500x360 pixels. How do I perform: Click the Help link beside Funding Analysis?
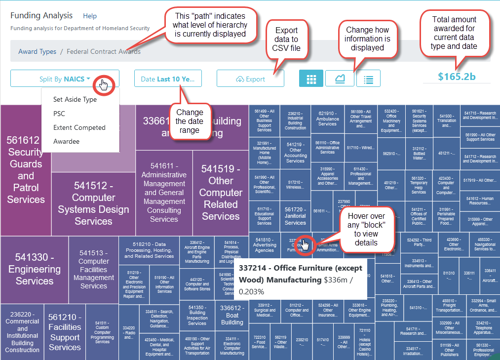point(90,16)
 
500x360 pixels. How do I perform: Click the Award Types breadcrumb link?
point(37,51)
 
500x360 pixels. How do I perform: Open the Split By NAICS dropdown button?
point(65,79)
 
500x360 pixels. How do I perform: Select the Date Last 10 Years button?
point(168,79)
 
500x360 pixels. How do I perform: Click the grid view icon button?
point(311,79)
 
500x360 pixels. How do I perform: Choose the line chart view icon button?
point(340,79)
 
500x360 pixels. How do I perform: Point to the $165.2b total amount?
point(457,77)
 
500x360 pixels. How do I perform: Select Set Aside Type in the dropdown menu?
point(75,99)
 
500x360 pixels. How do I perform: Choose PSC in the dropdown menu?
point(59,114)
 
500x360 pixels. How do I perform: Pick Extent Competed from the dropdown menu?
point(79,127)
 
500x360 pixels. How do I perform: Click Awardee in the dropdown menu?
point(66,142)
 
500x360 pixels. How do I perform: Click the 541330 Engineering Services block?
point(35,269)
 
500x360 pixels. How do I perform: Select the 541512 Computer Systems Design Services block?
point(93,203)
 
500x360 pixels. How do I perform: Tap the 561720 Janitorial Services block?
point(295,216)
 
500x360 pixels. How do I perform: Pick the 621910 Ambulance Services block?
point(327,118)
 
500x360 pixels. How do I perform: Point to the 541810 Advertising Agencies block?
point(265,244)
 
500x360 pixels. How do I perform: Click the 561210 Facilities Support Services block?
point(65,332)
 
